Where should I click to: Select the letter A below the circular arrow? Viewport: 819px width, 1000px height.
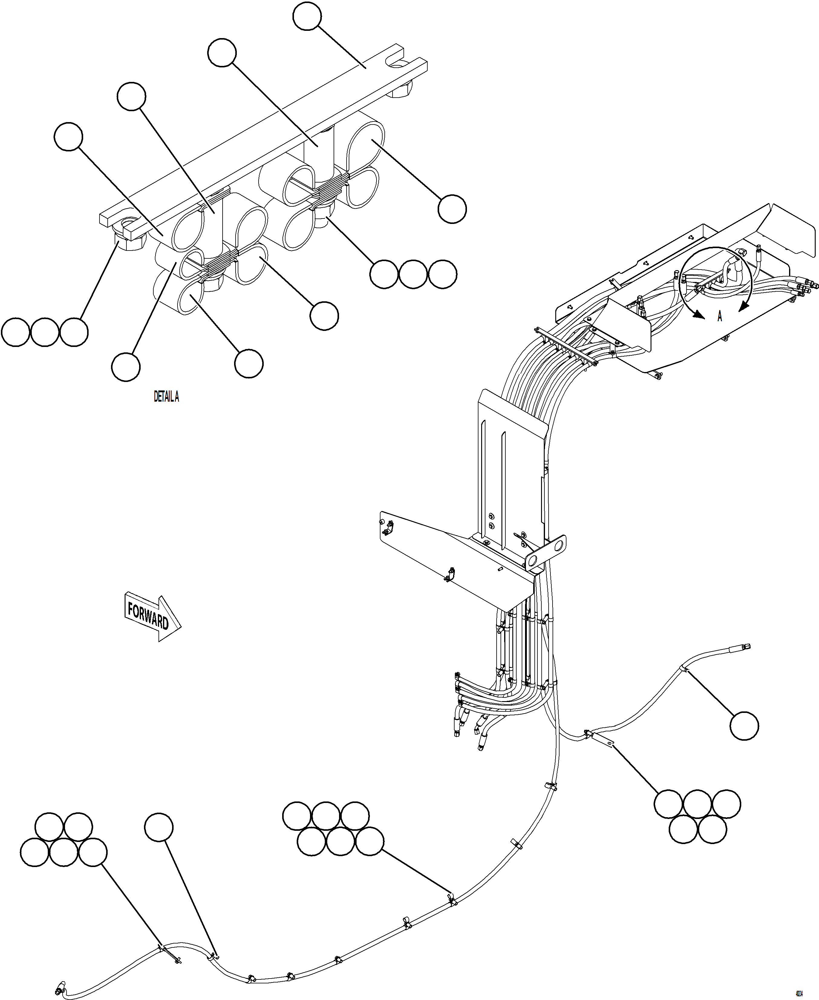tap(719, 316)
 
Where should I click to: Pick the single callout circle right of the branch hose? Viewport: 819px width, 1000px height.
tap(744, 726)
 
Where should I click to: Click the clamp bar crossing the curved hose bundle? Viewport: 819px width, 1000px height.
tap(566, 346)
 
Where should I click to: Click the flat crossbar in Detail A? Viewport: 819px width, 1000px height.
tap(264, 137)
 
